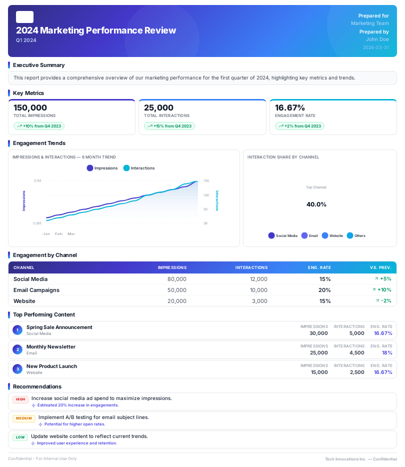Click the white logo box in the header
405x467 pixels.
pos(24,17)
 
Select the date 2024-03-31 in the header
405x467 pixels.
pos(376,47)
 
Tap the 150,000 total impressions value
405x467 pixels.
pos(30,107)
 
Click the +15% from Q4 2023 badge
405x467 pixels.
pos(169,126)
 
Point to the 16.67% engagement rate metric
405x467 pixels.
pos(290,107)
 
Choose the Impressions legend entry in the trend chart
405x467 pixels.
pos(102,168)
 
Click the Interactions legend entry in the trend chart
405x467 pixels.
pos(139,168)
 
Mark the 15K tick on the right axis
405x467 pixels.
pos(206,181)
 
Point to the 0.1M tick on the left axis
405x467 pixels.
pos(37,181)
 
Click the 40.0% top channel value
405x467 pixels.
pos(316,204)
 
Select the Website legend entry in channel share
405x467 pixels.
pos(332,235)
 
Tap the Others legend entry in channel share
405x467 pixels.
pos(356,235)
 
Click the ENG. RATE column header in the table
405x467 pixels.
pos(319,267)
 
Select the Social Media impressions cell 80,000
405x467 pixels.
pos(177,279)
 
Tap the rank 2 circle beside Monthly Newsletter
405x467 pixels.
pos(17,349)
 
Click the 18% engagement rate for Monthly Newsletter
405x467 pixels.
pos(387,352)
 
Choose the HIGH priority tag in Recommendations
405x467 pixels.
pos(20,399)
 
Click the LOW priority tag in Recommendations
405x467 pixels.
pos(20,437)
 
